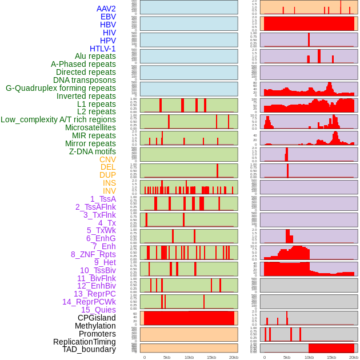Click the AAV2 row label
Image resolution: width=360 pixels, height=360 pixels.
tap(106, 9)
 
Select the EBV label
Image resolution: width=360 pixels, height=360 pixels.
tap(108, 17)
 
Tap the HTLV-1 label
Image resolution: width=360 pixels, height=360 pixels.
tap(103, 49)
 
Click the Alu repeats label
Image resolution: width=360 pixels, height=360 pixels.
tap(95, 56)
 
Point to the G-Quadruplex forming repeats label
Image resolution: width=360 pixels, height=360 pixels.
tap(61, 88)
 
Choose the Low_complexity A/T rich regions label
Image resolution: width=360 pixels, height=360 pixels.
tap(58, 119)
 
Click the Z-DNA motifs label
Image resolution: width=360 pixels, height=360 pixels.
tap(93, 151)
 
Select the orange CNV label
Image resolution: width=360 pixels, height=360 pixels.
tap(107, 159)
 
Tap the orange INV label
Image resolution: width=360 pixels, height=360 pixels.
tap(109, 191)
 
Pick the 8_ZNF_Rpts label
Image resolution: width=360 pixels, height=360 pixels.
tap(93, 254)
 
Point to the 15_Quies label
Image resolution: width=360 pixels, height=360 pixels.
tap(98, 310)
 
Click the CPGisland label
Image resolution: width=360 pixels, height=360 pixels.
tap(97, 318)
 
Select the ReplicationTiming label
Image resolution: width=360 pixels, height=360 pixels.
tap(85, 342)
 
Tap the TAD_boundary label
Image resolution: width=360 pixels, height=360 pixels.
tap(89, 349)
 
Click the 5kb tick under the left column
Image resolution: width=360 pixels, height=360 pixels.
tap(167, 357)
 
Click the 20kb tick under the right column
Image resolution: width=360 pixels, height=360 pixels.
tap(354, 357)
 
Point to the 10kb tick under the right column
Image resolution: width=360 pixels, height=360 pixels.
tap(309, 357)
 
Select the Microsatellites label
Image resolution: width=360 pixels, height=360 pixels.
tap(90, 127)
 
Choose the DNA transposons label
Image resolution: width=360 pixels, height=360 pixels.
tap(85, 80)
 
